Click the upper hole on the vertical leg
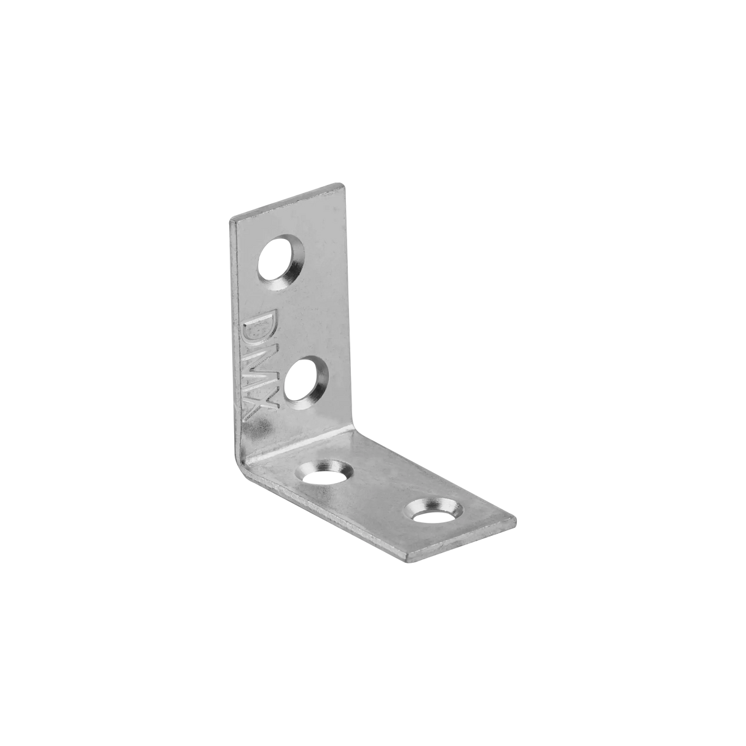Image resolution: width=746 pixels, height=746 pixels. click(278, 262)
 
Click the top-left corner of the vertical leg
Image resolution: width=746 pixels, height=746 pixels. click(230, 218)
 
